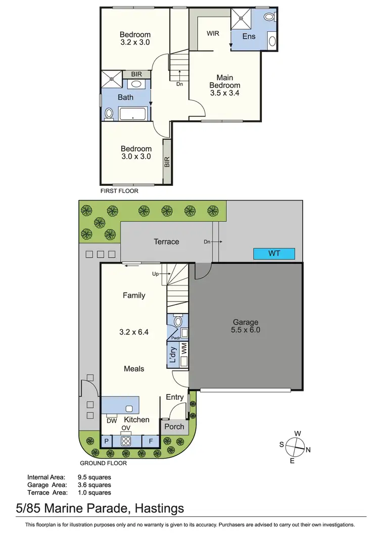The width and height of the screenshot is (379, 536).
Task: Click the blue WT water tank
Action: [x=274, y=253]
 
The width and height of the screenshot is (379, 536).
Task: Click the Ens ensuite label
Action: [x=249, y=36]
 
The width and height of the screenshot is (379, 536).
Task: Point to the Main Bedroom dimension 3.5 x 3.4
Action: [x=224, y=93]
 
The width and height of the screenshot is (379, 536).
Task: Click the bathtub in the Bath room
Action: [x=133, y=114]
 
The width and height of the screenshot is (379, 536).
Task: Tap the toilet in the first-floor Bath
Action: [x=109, y=114]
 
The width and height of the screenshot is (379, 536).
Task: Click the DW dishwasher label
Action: [x=112, y=420]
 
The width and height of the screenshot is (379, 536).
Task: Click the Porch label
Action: [x=175, y=426]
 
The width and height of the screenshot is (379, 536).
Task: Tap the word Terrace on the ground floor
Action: [x=166, y=241]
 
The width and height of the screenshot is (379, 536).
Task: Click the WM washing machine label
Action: [x=184, y=348]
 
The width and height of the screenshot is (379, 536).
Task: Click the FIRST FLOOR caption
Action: [x=119, y=191]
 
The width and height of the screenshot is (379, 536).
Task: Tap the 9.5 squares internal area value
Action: [x=94, y=476]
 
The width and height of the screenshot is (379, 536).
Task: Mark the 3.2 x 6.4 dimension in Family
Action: [x=134, y=332]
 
